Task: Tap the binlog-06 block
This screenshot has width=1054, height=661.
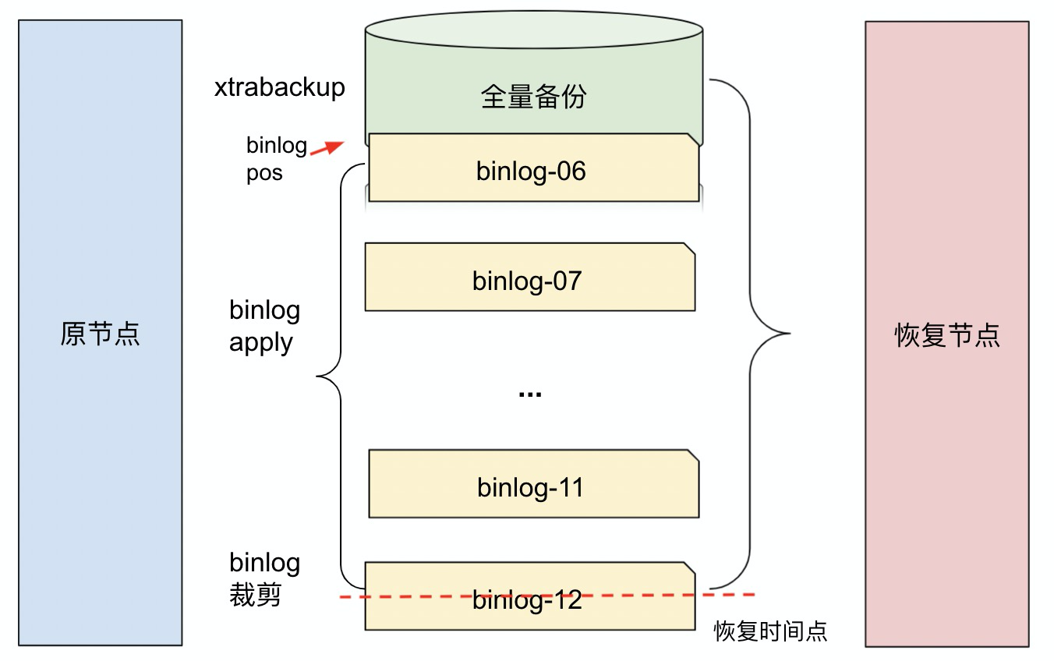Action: (533, 169)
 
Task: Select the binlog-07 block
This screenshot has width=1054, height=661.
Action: (529, 278)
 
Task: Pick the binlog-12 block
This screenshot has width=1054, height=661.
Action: (529, 616)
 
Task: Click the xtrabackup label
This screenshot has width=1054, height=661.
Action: (279, 87)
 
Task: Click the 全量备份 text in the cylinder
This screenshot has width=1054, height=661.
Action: (533, 97)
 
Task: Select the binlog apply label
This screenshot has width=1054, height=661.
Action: (264, 327)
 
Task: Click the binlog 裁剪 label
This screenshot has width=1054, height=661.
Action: (264, 578)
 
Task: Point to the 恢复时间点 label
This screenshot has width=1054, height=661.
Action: (770, 631)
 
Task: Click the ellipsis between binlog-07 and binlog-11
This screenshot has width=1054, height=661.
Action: (530, 394)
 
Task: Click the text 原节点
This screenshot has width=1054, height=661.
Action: (100, 334)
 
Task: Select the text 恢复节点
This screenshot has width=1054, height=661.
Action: (946, 335)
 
